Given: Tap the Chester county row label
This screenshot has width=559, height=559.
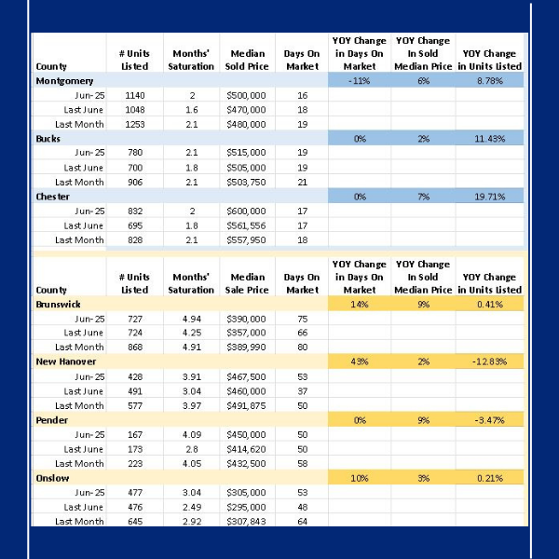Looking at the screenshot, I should [52, 196].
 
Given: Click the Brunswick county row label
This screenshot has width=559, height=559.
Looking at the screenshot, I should [58, 305].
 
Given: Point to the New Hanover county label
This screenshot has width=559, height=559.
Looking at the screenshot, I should [65, 362].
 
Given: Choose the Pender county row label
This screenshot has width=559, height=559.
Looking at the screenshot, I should [50, 420].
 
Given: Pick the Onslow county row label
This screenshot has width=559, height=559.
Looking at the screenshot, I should [51, 478].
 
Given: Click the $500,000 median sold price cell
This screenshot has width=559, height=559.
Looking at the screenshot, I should [246, 96].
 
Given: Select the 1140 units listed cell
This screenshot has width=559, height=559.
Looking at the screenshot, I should [134, 96].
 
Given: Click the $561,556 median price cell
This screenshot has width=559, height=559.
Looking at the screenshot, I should [246, 225].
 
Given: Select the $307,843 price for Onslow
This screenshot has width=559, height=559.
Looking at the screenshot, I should [246, 522].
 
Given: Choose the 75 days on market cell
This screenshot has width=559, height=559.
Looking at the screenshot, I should [302, 319].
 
